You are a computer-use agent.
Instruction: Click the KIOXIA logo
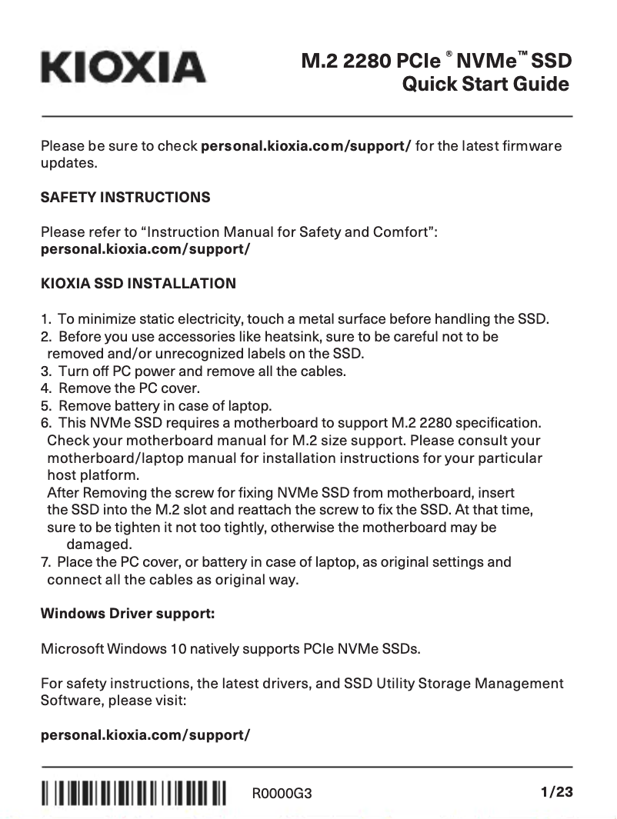point(124,67)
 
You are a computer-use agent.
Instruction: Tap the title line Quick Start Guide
point(486,84)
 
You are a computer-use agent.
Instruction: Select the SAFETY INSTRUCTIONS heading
point(125,198)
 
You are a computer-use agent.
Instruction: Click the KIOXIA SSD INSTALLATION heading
point(138,284)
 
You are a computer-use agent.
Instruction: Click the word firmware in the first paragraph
point(532,146)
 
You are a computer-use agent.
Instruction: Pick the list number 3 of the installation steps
point(45,371)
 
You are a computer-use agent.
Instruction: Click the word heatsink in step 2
point(319,337)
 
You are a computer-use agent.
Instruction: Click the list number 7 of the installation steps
point(45,562)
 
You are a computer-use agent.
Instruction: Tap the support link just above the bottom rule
point(145,734)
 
